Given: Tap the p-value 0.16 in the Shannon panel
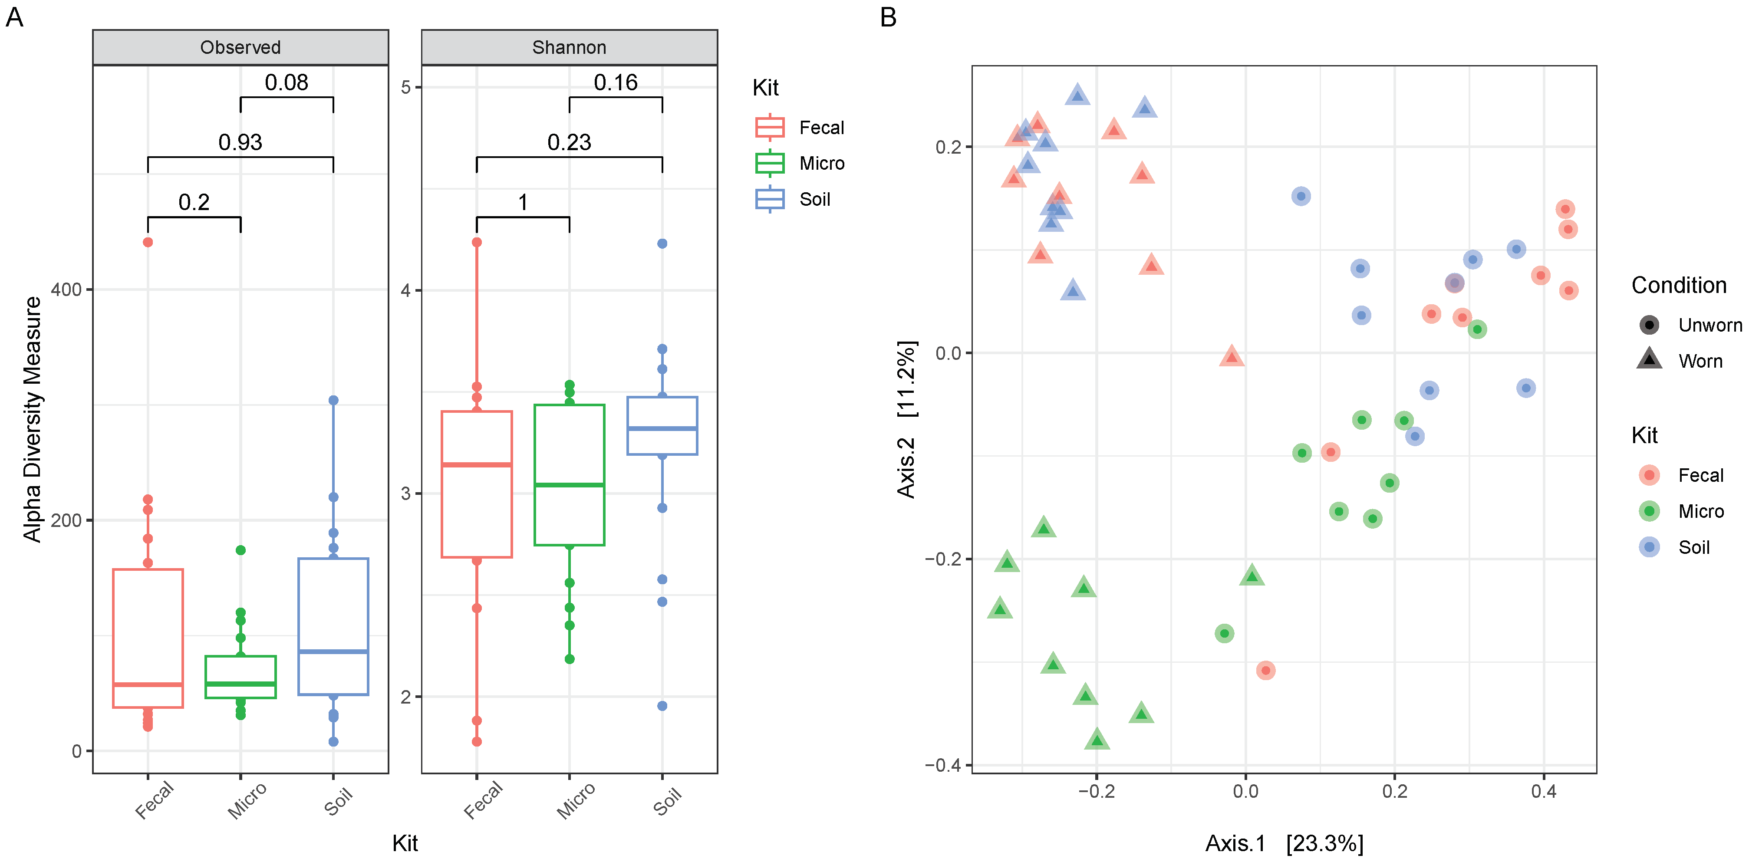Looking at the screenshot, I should (615, 83).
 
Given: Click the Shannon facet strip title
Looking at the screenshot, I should (569, 47).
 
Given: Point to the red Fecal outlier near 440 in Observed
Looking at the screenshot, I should (148, 242).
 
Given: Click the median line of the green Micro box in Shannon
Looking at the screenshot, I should (569, 485).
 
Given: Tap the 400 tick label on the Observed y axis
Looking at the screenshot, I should (66, 290).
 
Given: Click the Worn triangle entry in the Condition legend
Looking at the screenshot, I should (1700, 361).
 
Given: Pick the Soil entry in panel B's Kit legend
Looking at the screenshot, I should (1693, 548).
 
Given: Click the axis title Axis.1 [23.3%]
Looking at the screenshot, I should (1283, 843).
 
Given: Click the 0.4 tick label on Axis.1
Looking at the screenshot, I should (1543, 791).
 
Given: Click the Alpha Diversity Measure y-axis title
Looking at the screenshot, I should (32, 419).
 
